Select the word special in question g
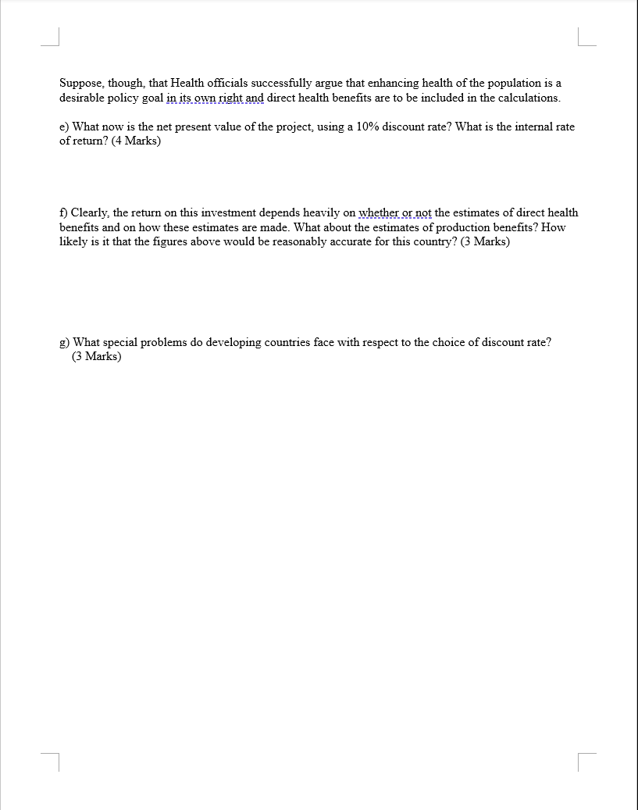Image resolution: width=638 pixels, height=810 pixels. pyautogui.click(x=120, y=342)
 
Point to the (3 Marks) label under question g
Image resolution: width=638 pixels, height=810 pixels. pyautogui.click(x=97, y=357)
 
